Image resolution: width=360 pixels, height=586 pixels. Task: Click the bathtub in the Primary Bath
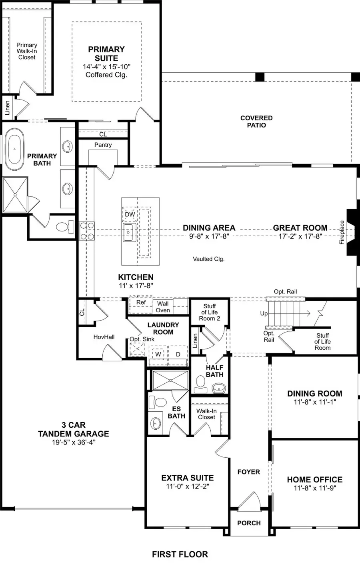(x=15, y=149)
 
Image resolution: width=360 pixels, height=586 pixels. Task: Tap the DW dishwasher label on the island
(x=130, y=214)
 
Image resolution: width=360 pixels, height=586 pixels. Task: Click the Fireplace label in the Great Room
(x=342, y=232)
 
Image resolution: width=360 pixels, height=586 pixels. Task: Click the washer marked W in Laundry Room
(x=158, y=354)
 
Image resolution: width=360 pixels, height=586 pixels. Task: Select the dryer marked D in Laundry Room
(x=178, y=354)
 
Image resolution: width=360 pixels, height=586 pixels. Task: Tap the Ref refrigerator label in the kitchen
(x=141, y=302)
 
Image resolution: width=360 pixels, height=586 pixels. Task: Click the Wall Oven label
(x=163, y=307)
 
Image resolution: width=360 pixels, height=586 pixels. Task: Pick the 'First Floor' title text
(x=180, y=554)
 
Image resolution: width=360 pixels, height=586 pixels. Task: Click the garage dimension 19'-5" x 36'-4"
(x=73, y=442)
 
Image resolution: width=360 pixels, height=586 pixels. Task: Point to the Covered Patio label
(x=256, y=122)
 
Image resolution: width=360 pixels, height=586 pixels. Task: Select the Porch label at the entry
(x=249, y=523)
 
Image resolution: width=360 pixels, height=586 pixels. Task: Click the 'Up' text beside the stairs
(x=264, y=313)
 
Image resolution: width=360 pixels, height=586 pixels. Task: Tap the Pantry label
(x=103, y=145)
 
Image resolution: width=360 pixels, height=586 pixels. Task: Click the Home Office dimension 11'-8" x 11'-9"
(x=315, y=488)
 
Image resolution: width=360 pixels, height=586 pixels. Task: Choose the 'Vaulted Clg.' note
(x=208, y=259)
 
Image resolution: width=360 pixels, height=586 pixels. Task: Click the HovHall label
(x=104, y=337)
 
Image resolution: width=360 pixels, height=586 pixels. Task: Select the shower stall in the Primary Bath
(x=15, y=195)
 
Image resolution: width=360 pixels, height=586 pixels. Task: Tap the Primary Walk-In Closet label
(x=27, y=51)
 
